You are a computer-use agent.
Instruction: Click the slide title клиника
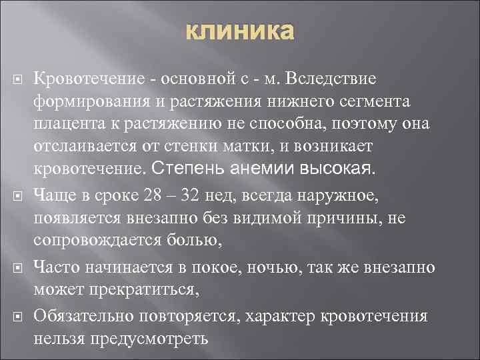click(x=239, y=32)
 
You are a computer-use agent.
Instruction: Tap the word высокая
click(x=339, y=168)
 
